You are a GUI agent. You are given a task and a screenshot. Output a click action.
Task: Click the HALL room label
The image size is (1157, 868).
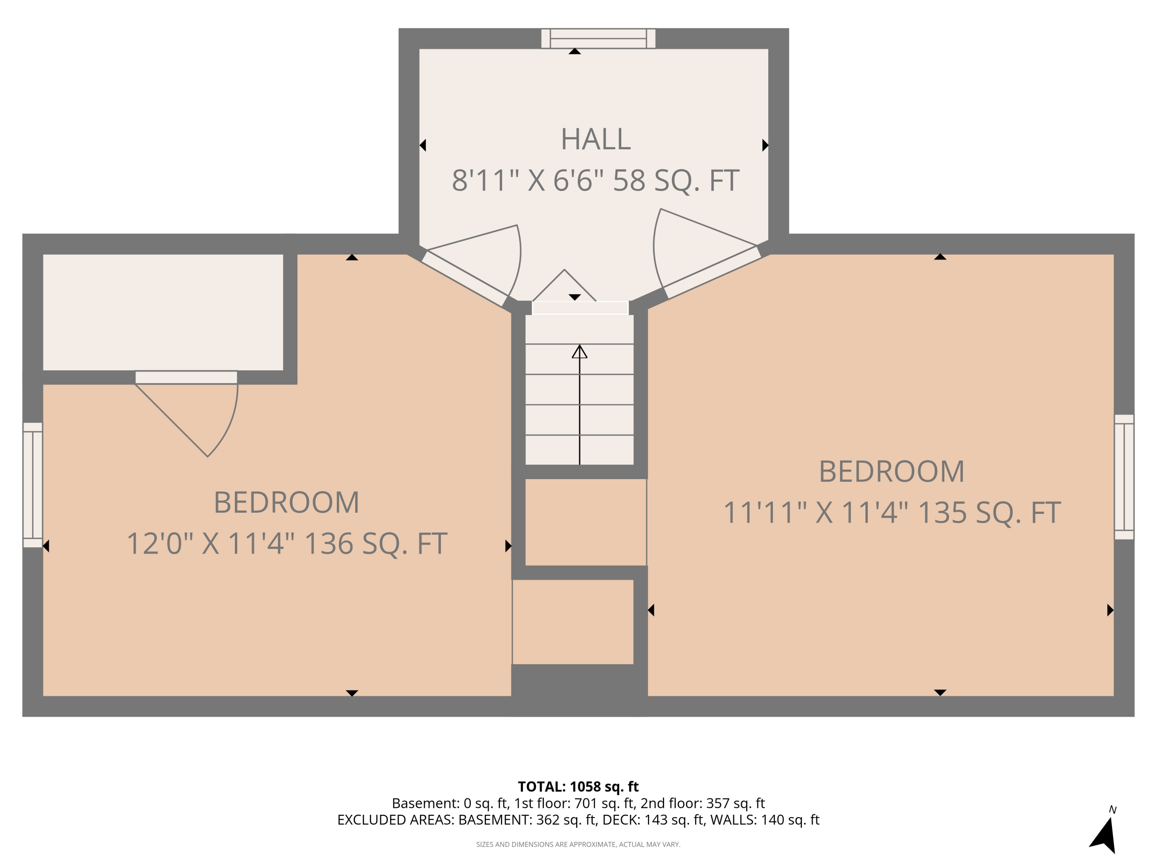click(x=595, y=140)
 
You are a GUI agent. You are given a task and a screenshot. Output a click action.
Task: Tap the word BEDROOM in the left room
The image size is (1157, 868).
click(x=286, y=503)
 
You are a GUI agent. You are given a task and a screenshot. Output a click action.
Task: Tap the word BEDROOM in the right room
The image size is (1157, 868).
click(x=891, y=472)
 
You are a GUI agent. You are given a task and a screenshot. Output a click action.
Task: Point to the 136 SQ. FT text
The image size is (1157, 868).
click(x=375, y=544)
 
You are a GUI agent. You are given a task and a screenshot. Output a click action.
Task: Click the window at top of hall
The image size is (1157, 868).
click(x=598, y=38)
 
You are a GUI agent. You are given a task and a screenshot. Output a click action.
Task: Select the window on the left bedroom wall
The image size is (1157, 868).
click(x=32, y=485)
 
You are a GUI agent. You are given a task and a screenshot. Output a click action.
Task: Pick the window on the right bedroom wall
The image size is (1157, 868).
click(x=1124, y=477)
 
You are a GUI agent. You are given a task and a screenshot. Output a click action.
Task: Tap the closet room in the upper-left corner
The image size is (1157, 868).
click(x=163, y=312)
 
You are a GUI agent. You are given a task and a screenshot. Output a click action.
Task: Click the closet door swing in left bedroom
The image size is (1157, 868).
click(x=199, y=413)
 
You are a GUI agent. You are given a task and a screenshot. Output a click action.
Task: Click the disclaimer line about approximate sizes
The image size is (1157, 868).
click(x=578, y=844)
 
